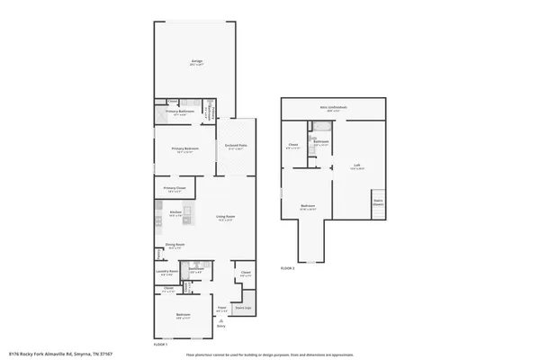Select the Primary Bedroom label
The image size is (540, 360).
[184, 150]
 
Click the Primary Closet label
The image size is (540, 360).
[175, 189]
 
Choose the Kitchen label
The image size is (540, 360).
[175, 214]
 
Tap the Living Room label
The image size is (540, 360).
[225, 217]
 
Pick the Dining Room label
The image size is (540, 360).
[175, 245]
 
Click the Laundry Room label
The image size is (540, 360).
[165, 272]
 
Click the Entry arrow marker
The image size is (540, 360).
[221, 322]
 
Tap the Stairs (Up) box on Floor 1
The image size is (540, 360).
[243, 308]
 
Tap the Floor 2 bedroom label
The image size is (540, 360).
[307, 207]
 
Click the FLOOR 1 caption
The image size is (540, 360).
[160, 345]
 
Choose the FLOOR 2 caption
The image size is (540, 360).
[287, 268]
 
